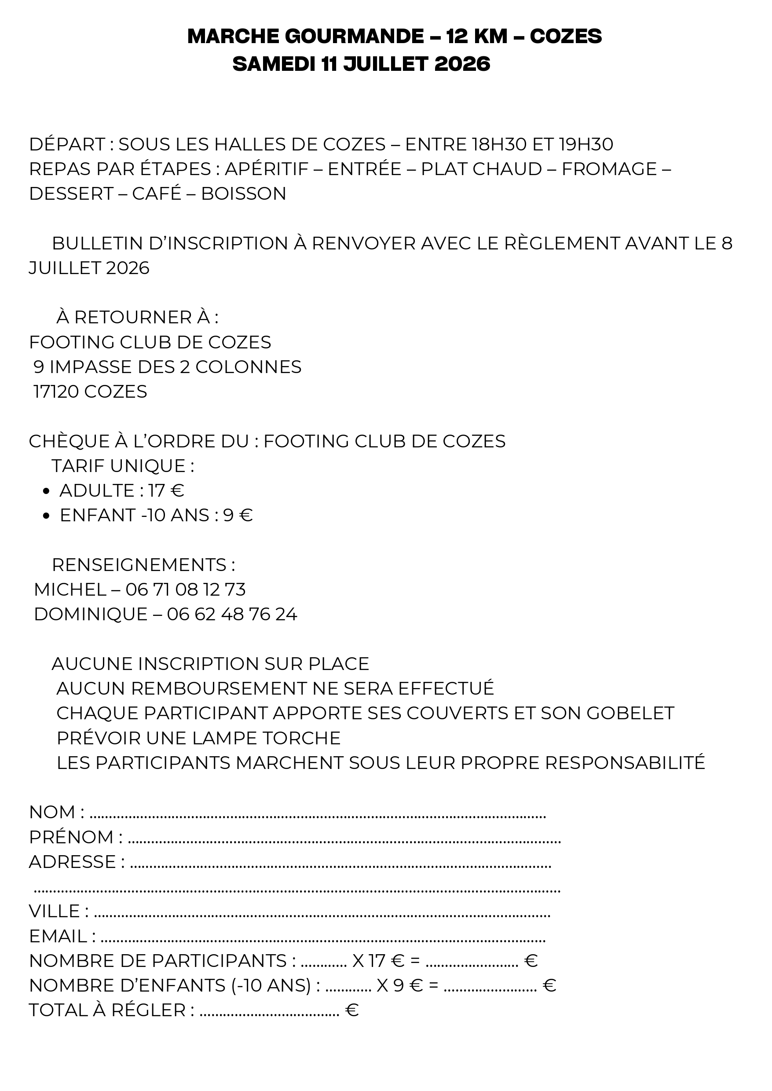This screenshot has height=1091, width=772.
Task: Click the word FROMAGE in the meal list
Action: click(609, 169)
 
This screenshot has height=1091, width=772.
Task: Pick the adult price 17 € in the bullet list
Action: click(166, 491)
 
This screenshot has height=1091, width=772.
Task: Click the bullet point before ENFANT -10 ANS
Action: click(46, 516)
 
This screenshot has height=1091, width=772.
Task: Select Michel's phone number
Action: click(185, 589)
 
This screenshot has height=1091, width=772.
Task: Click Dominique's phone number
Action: click(232, 614)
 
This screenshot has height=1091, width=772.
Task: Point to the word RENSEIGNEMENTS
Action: click(139, 565)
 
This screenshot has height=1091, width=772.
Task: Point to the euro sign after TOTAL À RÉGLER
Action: click(352, 1010)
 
